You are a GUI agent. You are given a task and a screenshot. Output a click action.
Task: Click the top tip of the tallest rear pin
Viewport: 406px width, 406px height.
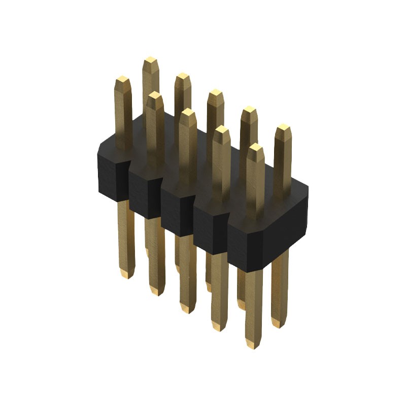pyautogui.click(x=150, y=61)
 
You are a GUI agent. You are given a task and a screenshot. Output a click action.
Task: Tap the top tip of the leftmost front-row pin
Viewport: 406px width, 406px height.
pyautogui.click(x=123, y=80)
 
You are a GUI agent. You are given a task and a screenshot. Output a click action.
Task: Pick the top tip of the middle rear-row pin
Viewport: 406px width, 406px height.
pyautogui.click(x=216, y=94)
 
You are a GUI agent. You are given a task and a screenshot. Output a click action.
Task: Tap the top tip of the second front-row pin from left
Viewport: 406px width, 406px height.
pyautogui.click(x=155, y=95)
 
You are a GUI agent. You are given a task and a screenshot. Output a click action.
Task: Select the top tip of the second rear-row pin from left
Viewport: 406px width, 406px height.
pyautogui.click(x=183, y=77)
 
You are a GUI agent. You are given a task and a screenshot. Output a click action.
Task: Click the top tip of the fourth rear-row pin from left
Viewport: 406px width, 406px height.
pyautogui.click(x=249, y=110)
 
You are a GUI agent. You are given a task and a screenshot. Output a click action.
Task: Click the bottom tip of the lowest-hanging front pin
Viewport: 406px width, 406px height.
pyautogui.click(x=252, y=345)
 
